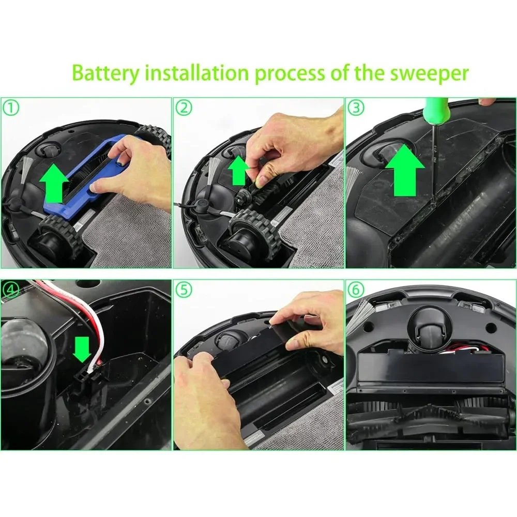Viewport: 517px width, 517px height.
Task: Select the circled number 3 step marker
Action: (356, 108)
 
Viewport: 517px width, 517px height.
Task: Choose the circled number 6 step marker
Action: (356, 290)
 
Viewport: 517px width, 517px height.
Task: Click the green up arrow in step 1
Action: (54, 184)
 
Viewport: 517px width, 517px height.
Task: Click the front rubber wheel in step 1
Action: (61, 235)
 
